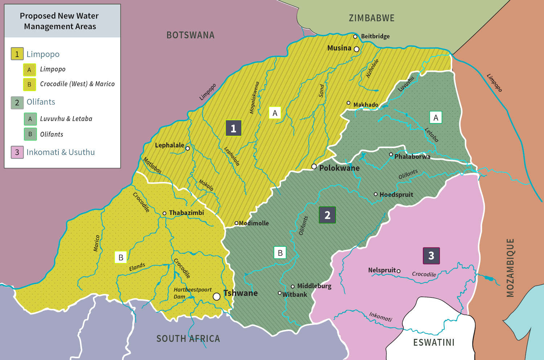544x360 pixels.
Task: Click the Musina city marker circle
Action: coord(357,49)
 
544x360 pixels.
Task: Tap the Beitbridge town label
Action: coord(375,36)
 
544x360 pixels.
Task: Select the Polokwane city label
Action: coord(339,168)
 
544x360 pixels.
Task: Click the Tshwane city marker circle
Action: coord(217,296)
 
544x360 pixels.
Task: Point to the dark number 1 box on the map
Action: coord(234,128)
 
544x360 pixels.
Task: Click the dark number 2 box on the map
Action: coord(327,215)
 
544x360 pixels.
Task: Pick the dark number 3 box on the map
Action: coord(431,255)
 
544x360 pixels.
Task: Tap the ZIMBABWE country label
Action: coord(371,18)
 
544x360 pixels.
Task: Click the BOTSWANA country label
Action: coord(190,35)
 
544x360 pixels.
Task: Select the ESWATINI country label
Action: coord(434,342)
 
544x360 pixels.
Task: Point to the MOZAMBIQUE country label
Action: coord(510,268)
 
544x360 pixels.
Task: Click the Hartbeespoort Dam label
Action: coord(192,293)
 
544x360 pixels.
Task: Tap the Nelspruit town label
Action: coord(382,270)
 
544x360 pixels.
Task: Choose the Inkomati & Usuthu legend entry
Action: coord(60,152)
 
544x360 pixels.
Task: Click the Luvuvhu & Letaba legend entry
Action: coord(66,119)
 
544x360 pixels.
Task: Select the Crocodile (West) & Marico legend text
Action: coord(77,84)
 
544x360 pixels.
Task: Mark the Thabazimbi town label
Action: coord(186,213)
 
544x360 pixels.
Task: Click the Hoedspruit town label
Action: coord(396,195)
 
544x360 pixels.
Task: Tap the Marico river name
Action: coord(96,243)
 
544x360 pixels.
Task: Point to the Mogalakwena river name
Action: coord(254,98)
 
